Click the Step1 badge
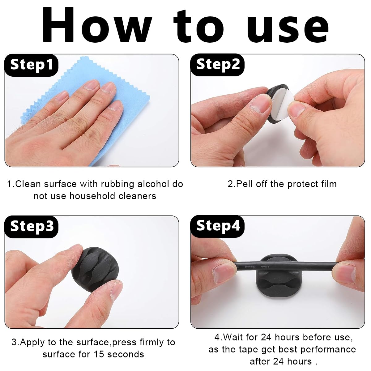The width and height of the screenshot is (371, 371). click(31, 65)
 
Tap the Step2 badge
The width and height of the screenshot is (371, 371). click(217, 65)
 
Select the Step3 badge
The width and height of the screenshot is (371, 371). click(31, 226)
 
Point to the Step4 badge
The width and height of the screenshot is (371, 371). click(217, 226)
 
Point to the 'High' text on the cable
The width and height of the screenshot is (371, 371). click(265, 267)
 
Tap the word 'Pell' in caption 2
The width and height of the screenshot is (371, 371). click(244, 184)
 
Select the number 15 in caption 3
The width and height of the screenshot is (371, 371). click(99, 354)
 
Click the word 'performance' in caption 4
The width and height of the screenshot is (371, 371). click(328, 350)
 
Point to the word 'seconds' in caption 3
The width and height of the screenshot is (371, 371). click(126, 354)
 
